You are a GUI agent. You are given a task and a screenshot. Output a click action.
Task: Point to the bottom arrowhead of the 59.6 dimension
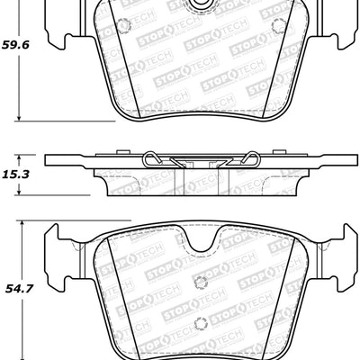click(x=19, y=117)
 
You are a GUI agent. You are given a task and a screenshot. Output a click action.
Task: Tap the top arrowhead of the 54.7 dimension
click(x=19, y=223)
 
